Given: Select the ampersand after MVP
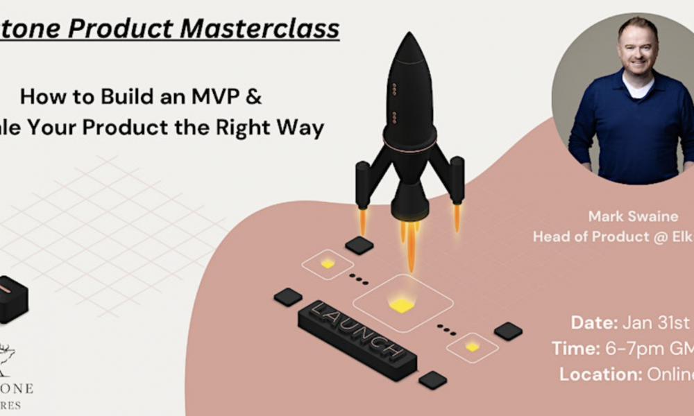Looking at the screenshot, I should pyautogui.click(x=255, y=96).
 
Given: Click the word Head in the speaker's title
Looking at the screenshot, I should pyautogui.click(x=550, y=236).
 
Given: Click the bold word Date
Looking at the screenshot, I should pyautogui.click(x=593, y=322).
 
